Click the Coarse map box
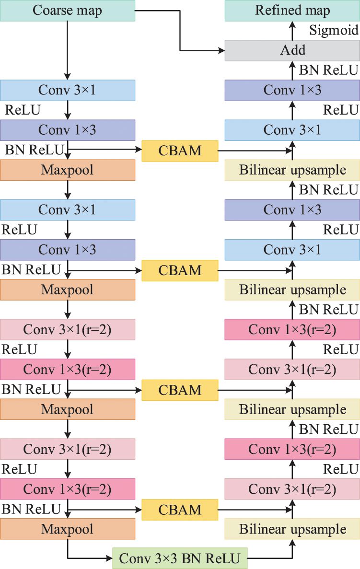67,11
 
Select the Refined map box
292,11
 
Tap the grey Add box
292,50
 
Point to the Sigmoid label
334,31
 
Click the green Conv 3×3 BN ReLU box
180,558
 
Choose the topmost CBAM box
180,151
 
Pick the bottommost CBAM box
180,510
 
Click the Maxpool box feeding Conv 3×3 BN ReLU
68,530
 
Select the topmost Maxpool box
68,170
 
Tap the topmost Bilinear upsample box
292,170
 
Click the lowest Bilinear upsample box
292,530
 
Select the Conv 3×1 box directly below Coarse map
68,90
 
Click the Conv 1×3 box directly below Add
292,90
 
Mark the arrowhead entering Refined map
292,24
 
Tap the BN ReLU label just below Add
329,70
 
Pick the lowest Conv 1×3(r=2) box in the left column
68,490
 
